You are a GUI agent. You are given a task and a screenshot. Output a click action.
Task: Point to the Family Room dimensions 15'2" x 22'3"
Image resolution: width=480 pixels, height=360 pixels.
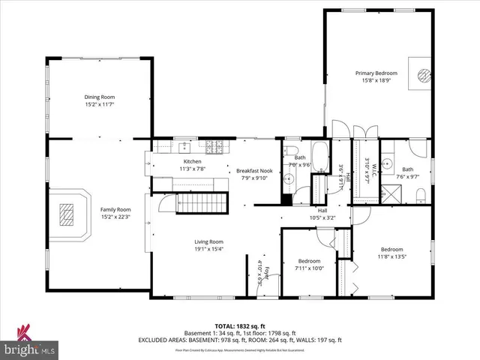pos(115,217)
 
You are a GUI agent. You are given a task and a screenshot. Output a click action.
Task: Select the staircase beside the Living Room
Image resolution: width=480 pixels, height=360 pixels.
pos(200,203)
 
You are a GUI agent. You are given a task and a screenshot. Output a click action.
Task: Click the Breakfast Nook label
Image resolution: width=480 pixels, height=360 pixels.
pos(254,170)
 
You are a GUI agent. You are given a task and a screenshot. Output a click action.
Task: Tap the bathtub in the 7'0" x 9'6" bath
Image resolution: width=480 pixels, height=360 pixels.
pos(320,159)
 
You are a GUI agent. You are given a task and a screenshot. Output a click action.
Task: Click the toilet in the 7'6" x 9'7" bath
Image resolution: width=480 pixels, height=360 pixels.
pos(421,196)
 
